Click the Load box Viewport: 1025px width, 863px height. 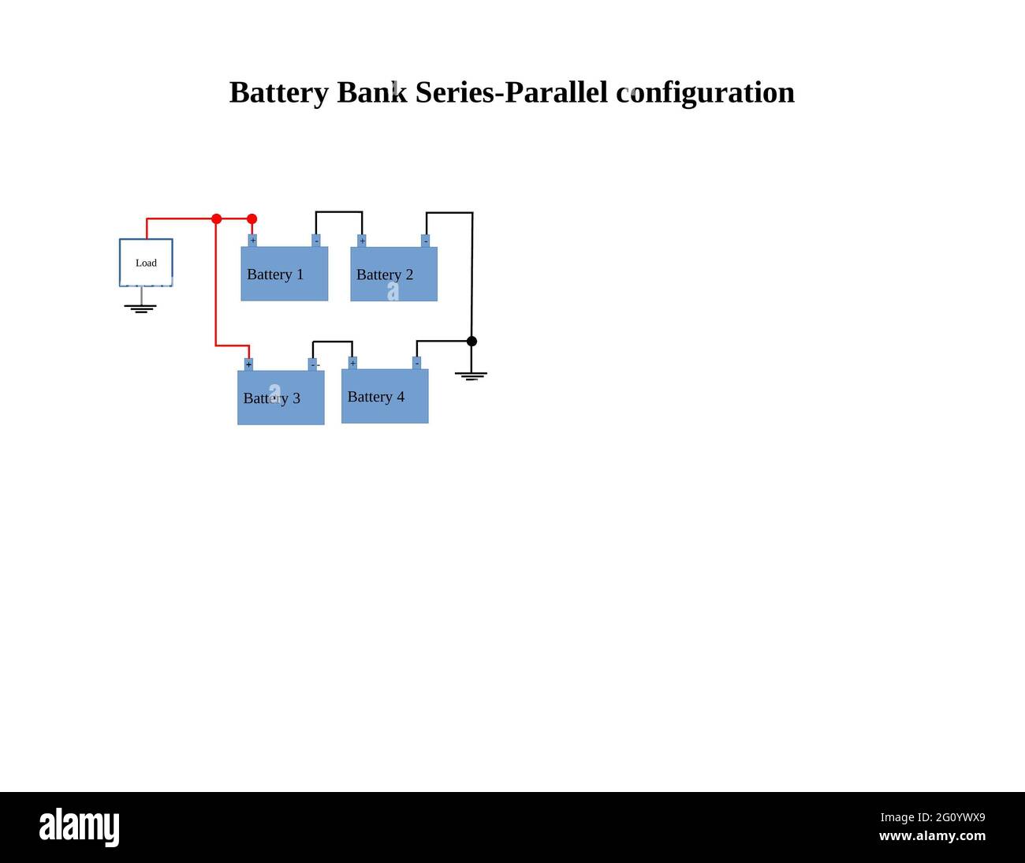146,263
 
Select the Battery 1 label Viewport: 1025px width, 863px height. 275,275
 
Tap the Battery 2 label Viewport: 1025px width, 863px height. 385,275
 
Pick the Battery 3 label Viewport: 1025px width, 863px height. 272,398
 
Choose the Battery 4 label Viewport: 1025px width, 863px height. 376,397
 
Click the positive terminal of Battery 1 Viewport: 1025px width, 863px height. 252,241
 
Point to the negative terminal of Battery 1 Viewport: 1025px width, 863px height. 316,241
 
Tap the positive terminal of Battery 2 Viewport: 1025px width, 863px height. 362,241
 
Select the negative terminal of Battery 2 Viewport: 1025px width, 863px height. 426,241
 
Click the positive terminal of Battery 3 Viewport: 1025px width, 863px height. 248,364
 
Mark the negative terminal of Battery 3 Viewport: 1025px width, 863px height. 313,364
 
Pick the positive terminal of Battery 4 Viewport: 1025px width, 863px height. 352,363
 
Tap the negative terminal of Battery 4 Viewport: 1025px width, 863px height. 416,363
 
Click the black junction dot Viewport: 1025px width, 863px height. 471,342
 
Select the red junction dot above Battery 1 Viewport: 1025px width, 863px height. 252,219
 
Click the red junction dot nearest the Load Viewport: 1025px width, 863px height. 217,219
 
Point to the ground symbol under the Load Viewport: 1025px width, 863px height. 140,308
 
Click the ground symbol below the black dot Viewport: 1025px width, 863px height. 471,375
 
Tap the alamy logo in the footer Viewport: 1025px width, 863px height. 80,828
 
